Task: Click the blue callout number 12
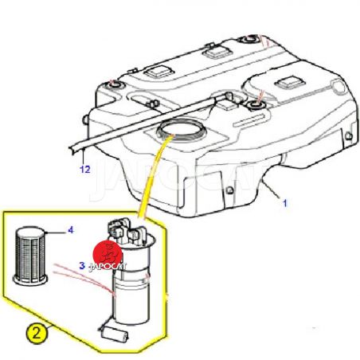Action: point(85,169)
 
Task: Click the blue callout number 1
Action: point(285,203)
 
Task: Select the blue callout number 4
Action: point(71,230)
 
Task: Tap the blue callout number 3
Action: point(82,265)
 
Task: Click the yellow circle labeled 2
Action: point(37,333)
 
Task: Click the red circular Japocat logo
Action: point(108,254)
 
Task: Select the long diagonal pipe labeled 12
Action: point(149,122)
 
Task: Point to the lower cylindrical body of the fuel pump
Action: point(130,296)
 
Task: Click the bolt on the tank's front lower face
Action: point(230,190)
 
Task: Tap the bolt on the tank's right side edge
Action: point(349,136)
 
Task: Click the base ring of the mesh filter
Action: point(30,280)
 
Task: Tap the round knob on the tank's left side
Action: point(85,120)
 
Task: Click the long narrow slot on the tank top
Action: point(249,119)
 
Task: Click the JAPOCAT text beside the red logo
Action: point(108,267)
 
